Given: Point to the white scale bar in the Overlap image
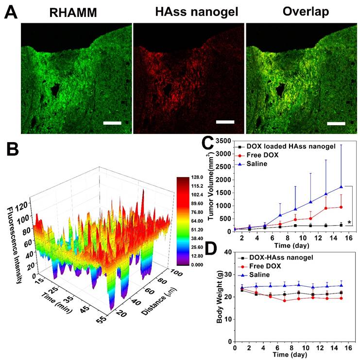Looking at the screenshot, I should pyautogui.click(x=336, y=123).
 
